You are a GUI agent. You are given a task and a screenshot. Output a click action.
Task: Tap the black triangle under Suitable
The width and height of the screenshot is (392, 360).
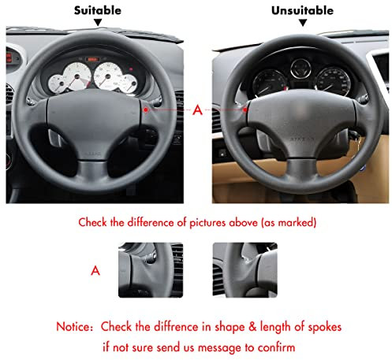pyautogui.click(x=98, y=23)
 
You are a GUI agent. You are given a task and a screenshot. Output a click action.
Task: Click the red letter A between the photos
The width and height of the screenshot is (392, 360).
pyautogui.click(x=197, y=111)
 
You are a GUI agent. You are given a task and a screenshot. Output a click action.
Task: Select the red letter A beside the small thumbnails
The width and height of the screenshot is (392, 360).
pyautogui.click(x=96, y=269)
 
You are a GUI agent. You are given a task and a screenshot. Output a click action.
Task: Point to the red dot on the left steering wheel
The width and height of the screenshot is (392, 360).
pyautogui.click(x=148, y=109)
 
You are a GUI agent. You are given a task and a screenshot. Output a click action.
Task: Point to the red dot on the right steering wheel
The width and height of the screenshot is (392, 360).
pyautogui.click(x=246, y=109)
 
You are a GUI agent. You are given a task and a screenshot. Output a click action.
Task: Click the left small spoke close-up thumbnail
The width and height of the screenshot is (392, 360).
pyautogui.click(x=151, y=269)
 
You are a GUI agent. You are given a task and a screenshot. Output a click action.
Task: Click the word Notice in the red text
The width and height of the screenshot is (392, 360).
pyautogui.click(x=75, y=326)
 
